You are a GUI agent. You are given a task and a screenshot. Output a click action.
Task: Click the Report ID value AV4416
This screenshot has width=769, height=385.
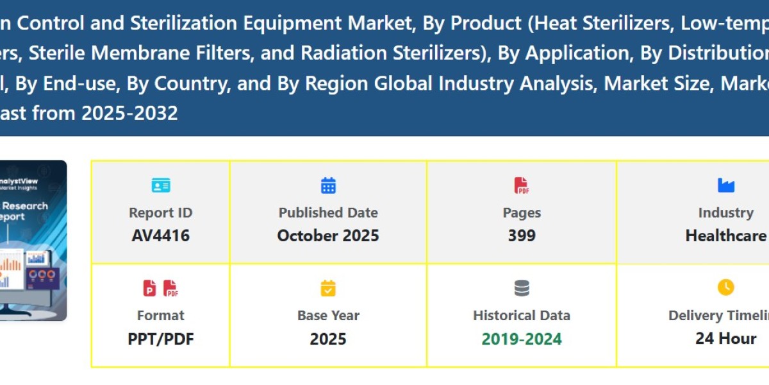[x=160, y=235]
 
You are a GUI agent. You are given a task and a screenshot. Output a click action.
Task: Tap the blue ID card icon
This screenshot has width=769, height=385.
[x=160, y=186]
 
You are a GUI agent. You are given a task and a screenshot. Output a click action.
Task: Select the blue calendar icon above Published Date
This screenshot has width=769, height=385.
[x=328, y=186]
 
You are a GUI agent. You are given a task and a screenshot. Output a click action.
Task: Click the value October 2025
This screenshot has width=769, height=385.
[x=328, y=235]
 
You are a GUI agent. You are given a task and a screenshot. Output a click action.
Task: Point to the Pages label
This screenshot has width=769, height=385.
[x=522, y=213]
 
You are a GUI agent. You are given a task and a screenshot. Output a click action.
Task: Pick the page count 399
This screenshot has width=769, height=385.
[x=522, y=235]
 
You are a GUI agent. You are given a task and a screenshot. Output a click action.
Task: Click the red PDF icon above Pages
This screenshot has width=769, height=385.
[x=522, y=186]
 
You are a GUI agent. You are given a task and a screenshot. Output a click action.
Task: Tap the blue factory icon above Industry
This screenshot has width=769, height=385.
[x=725, y=186]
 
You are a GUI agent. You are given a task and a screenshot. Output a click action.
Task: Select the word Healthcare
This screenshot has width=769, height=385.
[x=725, y=235]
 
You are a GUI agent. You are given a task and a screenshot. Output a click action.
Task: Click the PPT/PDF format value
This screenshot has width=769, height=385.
[x=160, y=339]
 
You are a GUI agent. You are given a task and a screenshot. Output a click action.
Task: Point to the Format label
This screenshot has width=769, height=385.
[x=160, y=316]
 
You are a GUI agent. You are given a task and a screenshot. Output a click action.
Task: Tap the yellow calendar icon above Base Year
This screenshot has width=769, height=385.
[x=328, y=289]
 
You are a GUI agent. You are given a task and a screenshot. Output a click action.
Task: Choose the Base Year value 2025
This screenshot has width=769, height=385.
[x=328, y=339]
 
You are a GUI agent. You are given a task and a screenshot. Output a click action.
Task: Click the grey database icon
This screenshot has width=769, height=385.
[x=522, y=289]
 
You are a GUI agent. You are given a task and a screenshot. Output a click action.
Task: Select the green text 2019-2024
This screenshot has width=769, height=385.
[x=522, y=339]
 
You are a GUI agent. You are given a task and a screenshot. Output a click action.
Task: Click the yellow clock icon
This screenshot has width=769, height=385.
[x=725, y=287]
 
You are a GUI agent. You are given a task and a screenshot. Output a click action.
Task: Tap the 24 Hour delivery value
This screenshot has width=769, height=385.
[x=725, y=338]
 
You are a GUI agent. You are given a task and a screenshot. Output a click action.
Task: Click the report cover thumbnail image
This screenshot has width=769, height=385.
[x=33, y=241]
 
